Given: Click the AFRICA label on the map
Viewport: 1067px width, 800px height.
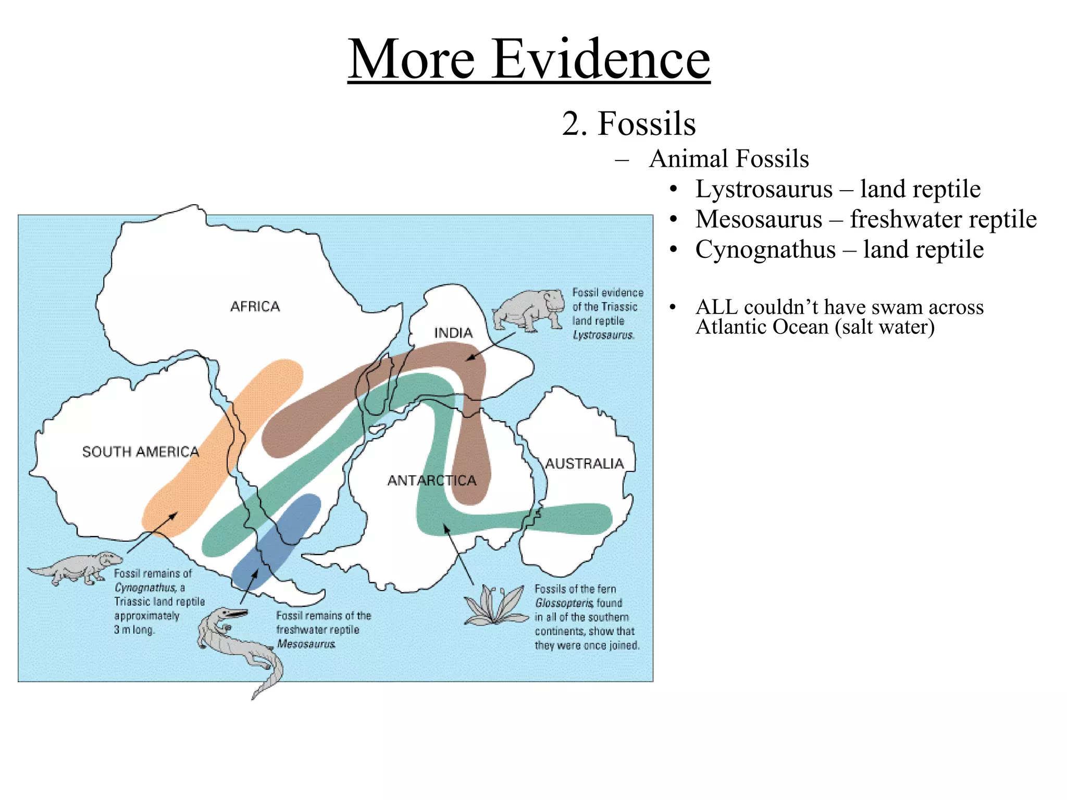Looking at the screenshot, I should pos(255,306).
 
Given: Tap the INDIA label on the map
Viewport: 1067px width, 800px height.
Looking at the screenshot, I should pos(453,333).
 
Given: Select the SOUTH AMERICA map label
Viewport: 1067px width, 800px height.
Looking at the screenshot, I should pos(141,452).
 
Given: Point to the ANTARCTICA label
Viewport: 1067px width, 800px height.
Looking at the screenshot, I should pos(432,480).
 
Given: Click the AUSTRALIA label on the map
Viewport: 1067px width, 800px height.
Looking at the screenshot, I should pos(584,464).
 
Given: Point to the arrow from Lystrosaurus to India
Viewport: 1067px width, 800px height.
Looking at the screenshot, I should pos(490,346).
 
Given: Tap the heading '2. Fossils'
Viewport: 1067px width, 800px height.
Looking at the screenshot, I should pos(629,124).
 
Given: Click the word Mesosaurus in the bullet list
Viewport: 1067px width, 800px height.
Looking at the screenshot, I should pos(759,219).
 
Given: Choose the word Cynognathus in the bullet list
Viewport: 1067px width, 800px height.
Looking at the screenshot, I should pos(765,249).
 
